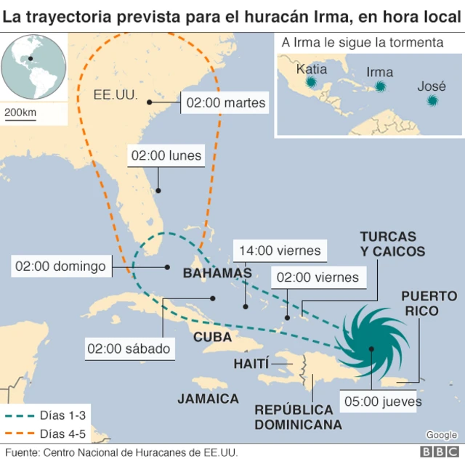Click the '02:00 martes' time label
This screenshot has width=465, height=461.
[x=226, y=103]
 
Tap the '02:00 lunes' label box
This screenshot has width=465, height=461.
[x=166, y=155]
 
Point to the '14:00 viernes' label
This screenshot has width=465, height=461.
[x=278, y=250]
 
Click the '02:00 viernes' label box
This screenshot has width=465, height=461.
[x=318, y=277]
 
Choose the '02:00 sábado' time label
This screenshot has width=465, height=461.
[x=129, y=348]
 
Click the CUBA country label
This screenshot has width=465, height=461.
[x=212, y=338]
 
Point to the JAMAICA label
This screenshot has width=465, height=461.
[x=208, y=399]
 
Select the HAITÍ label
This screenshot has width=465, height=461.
[x=251, y=363]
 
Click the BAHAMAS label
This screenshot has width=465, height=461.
[x=217, y=274]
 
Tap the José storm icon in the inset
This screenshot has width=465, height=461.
[x=434, y=99]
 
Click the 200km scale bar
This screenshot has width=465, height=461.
[x=20, y=113]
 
